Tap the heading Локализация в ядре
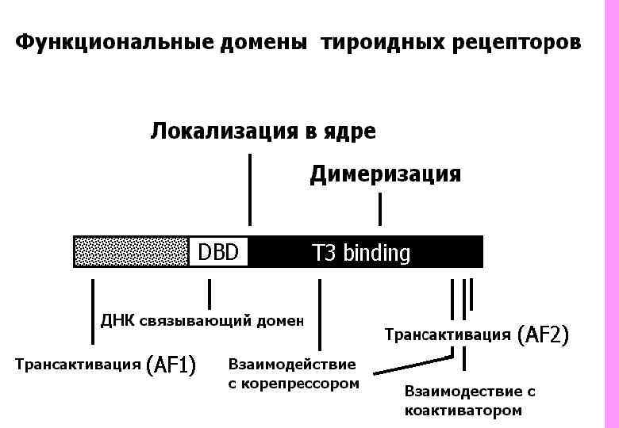(263, 132)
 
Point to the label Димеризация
(385, 174)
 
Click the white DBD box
(218, 253)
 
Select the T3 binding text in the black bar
(361, 254)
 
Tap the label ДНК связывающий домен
(202, 320)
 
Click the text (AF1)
(171, 365)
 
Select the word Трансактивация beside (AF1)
(79, 365)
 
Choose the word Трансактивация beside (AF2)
(448, 335)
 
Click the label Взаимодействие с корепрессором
(293, 374)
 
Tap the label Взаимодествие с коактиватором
(470, 400)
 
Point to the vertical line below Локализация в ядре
(250, 189)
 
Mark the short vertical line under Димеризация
(380, 209)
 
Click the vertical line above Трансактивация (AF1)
(93, 311)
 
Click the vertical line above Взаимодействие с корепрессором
(319, 314)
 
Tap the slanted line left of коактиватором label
(413, 365)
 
